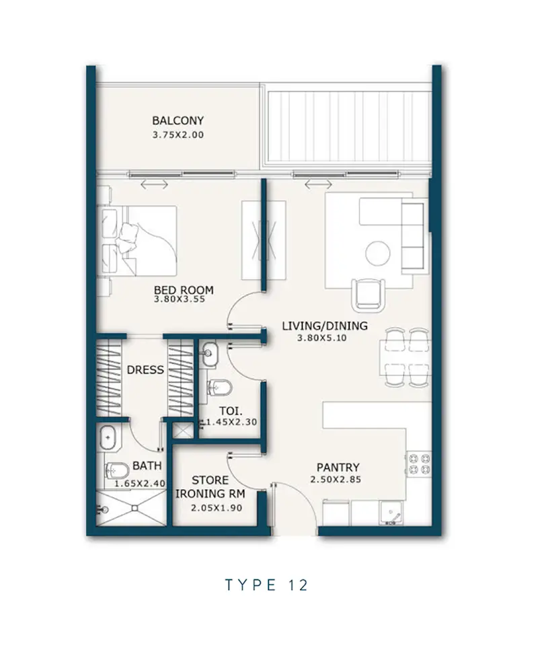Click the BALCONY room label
coord(178,120)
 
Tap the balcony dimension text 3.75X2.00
coord(178,135)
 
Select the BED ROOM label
coord(184,289)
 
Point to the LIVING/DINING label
coord(325,326)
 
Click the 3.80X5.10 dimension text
coord(321,338)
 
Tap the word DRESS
coord(145,370)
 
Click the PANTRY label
coord(338,468)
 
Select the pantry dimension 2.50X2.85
coord(336,480)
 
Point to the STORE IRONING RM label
coord(210,486)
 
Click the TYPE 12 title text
coord(267,585)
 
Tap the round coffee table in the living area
coord(378,253)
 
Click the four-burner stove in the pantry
coord(419,464)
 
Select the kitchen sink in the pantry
coord(391,513)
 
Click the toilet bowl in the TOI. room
coord(220,388)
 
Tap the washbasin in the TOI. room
coord(208,354)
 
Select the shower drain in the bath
coord(135,508)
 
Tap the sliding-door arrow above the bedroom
coord(154,184)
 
